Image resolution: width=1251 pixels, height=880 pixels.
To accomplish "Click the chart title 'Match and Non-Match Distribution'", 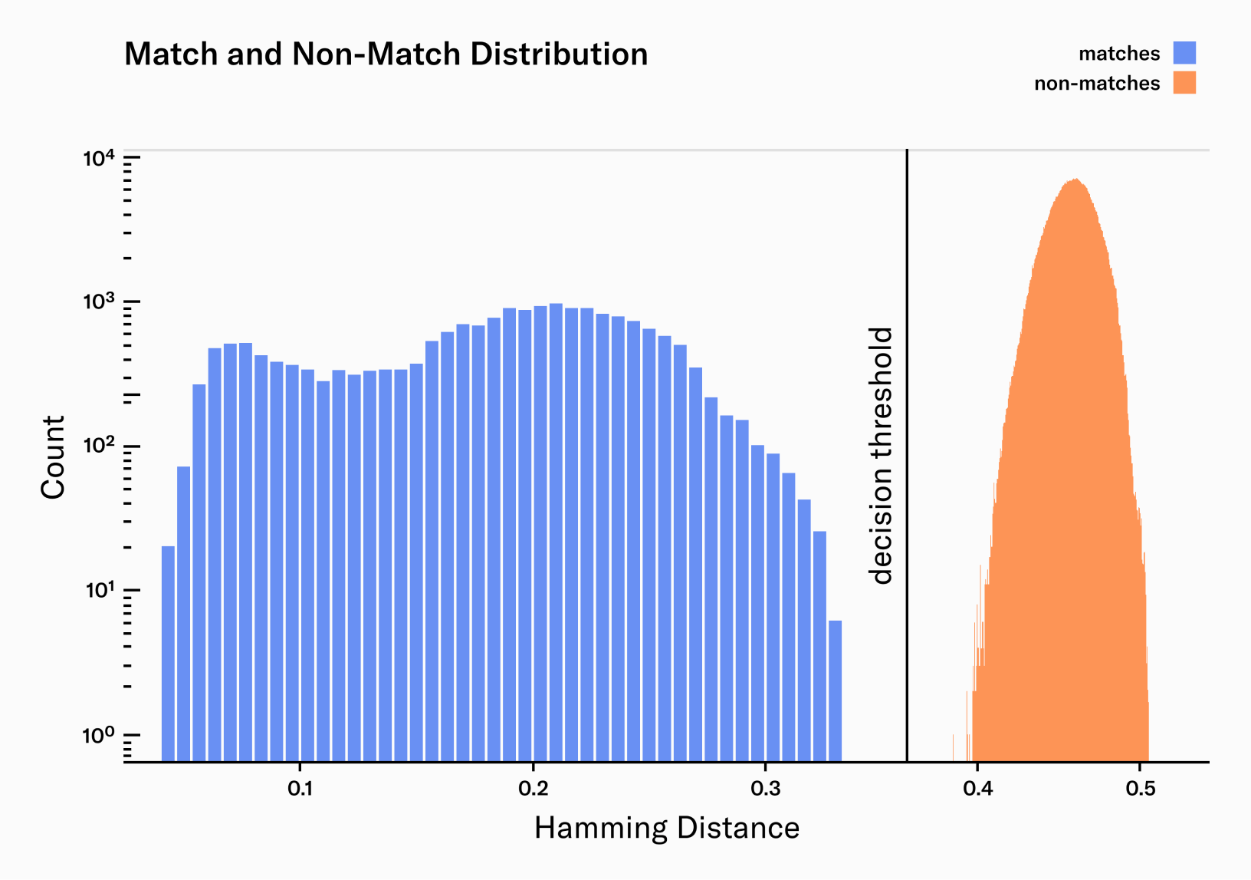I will pyautogui.click(x=386, y=54).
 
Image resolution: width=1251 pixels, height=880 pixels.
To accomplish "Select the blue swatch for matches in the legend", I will pyautogui.click(x=1184, y=53).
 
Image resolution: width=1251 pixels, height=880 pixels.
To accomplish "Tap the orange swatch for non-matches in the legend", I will pyautogui.click(x=1184, y=83).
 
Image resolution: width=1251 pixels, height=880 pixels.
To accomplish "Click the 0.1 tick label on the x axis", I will pyautogui.click(x=300, y=789).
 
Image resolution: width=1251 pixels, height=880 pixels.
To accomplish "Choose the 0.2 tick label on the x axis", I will pyautogui.click(x=533, y=789).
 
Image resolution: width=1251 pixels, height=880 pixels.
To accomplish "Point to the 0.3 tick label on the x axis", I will pyautogui.click(x=765, y=789).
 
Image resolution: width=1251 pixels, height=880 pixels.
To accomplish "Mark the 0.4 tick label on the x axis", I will pyautogui.click(x=977, y=789).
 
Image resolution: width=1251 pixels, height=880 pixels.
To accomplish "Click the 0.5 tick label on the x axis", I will pyautogui.click(x=1141, y=789).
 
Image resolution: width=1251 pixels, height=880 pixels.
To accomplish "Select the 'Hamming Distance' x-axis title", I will pyautogui.click(x=666, y=829).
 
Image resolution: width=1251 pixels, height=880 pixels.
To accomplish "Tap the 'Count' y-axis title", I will pyautogui.click(x=53, y=457).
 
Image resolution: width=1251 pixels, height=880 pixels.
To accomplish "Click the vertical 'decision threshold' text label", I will pyautogui.click(x=882, y=456).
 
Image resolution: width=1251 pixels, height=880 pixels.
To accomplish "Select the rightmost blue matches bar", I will pyautogui.click(x=835, y=690).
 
